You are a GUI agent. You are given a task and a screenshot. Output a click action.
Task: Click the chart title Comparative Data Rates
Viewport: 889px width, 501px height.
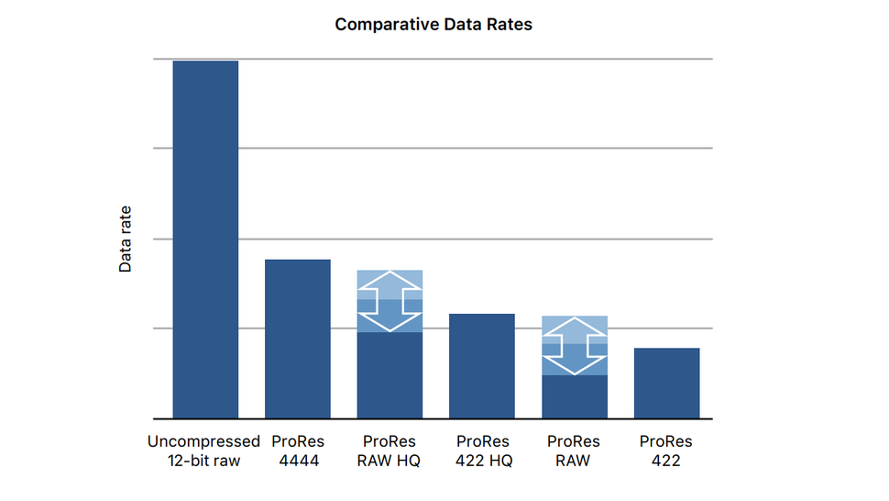coord(433,25)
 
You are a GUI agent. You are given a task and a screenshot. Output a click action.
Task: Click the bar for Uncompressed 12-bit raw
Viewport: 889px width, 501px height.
coord(205,239)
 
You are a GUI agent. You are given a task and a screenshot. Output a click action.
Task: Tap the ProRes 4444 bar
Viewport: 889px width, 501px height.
coord(297,339)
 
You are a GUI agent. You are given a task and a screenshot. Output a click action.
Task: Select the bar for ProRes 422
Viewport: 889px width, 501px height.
coord(666,383)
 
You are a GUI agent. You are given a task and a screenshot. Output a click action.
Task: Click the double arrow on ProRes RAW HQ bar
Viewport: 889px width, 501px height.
coord(390,301)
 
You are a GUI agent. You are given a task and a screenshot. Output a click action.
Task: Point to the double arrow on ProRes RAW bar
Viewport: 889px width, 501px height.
coord(574,346)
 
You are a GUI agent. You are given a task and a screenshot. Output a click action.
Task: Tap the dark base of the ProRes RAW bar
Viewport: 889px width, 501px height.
coord(574,396)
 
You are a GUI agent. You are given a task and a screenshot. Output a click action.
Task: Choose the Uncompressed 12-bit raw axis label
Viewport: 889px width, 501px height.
coord(204,451)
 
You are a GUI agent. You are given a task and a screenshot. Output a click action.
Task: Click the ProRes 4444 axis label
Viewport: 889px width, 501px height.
coord(298,451)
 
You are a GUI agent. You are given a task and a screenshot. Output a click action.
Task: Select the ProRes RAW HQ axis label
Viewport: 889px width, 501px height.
coord(390,451)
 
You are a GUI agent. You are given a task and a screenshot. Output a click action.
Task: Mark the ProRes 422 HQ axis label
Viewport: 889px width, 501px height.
coord(482,451)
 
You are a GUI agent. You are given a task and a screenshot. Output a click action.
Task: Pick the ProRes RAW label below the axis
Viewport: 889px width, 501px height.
coord(574,451)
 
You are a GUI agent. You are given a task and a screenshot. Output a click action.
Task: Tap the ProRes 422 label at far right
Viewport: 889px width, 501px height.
coord(665,451)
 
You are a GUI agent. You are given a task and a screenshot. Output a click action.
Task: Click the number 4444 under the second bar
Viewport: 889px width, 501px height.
coord(299,461)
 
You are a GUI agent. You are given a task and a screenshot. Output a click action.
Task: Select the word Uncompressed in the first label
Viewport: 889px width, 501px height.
coord(204,441)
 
